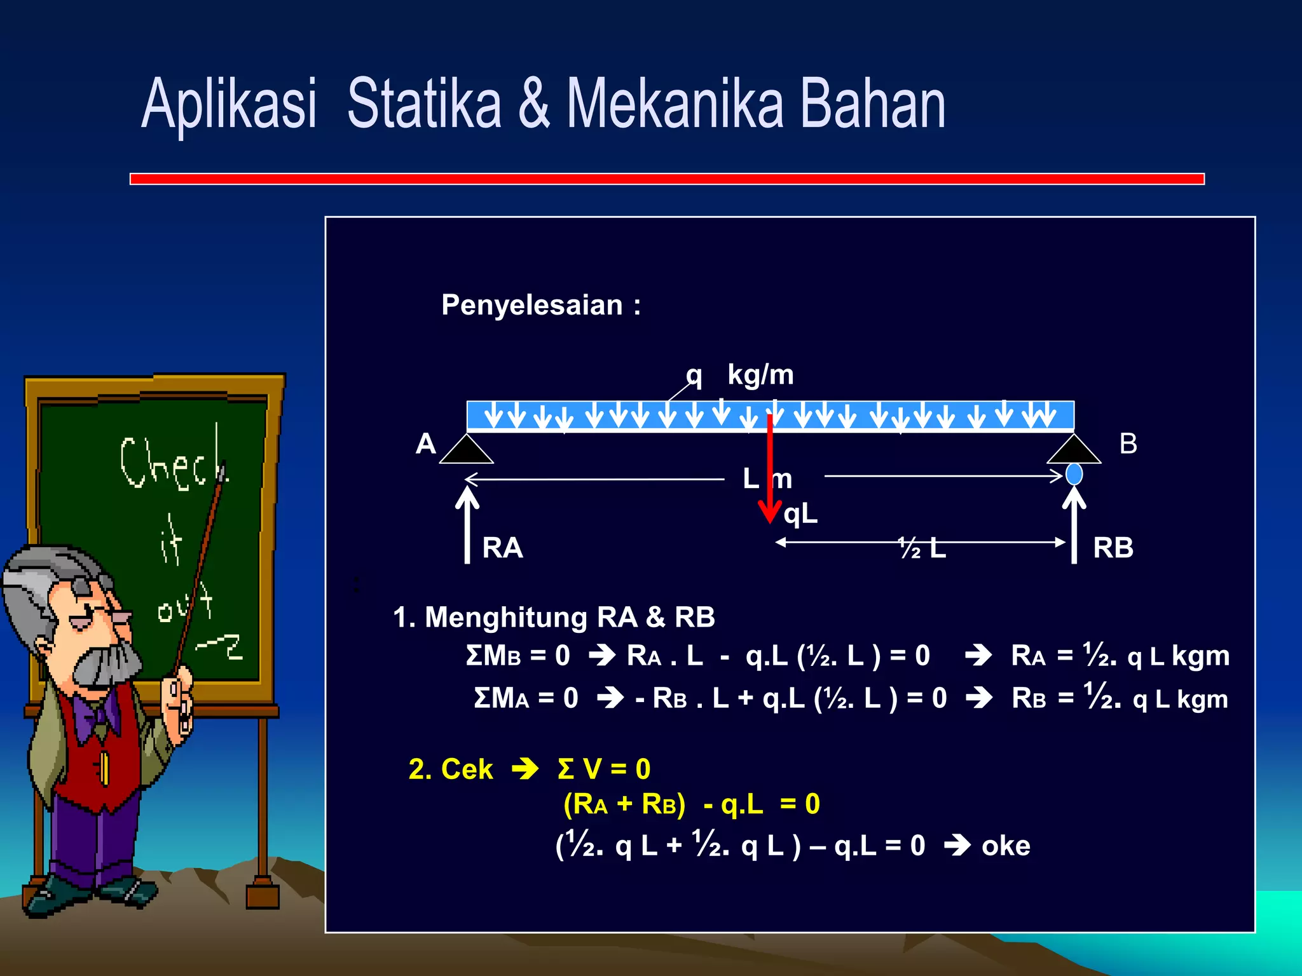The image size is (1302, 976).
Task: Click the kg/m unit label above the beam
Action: tap(760, 375)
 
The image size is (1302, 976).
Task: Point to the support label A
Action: tap(425, 444)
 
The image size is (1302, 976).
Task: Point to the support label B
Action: tap(1128, 444)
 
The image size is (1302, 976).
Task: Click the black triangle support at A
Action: tap(467, 451)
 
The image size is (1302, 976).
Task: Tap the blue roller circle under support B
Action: tap(1074, 474)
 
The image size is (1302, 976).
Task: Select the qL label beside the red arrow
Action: tap(800, 513)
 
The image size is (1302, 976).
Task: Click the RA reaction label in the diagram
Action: tap(502, 548)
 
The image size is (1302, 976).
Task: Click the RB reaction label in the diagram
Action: tap(1113, 548)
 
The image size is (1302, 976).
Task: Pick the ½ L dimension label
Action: tap(922, 548)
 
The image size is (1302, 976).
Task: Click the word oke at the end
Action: tap(1006, 846)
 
